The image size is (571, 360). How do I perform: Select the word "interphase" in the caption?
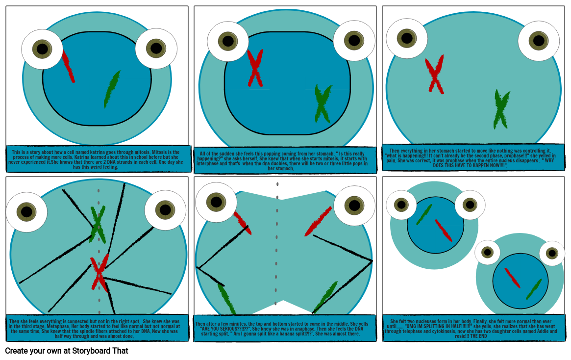(209, 164)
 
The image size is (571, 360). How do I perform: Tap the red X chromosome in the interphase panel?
(255, 68)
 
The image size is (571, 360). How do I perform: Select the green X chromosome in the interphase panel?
(323, 104)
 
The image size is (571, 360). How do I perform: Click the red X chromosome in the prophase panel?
(435, 75)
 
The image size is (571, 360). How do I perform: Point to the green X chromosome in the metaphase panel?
(98, 223)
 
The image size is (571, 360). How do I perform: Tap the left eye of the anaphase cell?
(216, 202)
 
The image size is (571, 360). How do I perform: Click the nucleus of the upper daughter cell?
(435, 225)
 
